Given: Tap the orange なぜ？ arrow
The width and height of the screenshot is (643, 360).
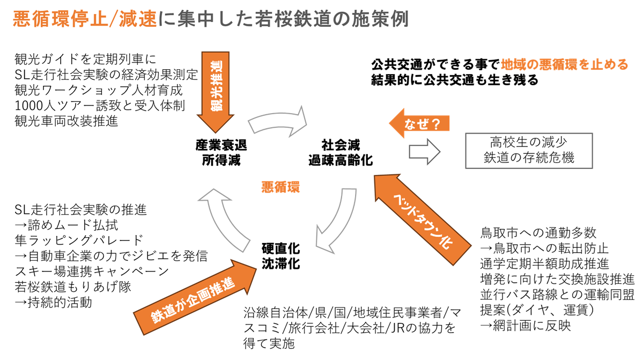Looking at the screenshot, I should click(x=419, y=124).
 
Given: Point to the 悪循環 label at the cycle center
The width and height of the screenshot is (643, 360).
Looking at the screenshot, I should click(x=280, y=187).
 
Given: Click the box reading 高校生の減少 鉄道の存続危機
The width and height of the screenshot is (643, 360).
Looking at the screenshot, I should click(x=522, y=150).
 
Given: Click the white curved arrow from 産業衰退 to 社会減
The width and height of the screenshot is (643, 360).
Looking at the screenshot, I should click(x=278, y=122).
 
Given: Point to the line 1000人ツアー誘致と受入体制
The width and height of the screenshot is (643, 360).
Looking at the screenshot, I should click(x=100, y=105).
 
